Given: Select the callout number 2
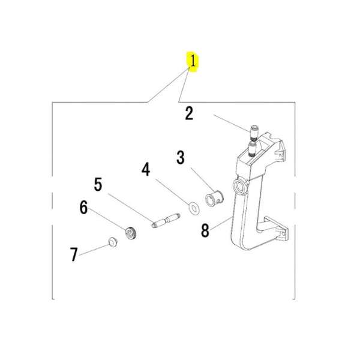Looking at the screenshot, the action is pos(189,113).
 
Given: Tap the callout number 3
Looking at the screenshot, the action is pos(181,157).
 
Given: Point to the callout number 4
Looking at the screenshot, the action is pos(146,169).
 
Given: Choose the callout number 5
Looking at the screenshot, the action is pos(98,184).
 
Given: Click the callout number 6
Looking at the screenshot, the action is pos(83,208).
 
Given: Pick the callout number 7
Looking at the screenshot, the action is pos(74,254).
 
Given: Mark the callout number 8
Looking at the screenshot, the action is pos(205,230).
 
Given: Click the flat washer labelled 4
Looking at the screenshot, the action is pos(194,208).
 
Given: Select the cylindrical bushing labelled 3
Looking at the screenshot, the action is pos(214,198).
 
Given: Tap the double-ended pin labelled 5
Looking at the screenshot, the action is pos(166,220).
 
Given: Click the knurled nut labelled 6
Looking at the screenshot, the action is pos(131,233).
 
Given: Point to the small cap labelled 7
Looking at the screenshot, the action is pos(113,242).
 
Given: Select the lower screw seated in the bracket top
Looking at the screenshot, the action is pos(253,149).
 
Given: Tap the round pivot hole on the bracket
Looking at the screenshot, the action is pos(239,187).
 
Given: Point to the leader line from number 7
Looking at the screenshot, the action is pos(94,250).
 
